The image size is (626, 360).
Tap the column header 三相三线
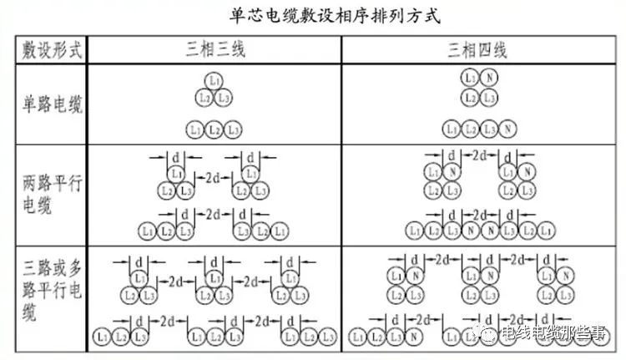coord(215,49)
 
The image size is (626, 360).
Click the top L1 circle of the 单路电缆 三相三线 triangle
coord(215,82)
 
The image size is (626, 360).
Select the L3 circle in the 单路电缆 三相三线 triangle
coord(223,98)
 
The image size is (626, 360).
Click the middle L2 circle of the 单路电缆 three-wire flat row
coord(215,129)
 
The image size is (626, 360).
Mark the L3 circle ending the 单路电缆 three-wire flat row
coord(233,129)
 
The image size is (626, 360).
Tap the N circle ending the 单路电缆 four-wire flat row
coord(507,129)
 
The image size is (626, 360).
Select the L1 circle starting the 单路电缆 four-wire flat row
coord(451,129)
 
